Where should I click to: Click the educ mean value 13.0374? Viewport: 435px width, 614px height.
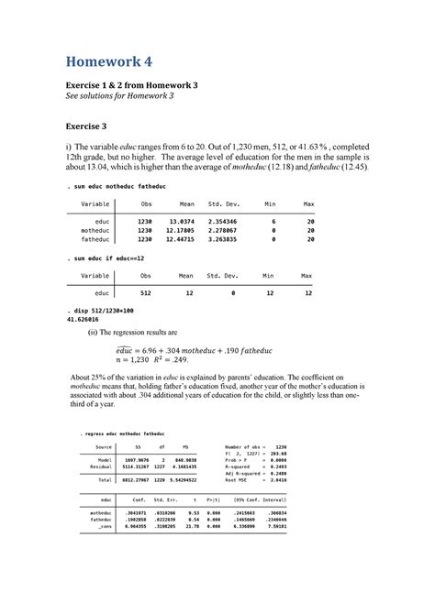coord(180,222)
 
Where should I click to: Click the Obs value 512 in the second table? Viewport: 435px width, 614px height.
coord(146,293)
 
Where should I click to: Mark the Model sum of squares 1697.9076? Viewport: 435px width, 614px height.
coord(136,458)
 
